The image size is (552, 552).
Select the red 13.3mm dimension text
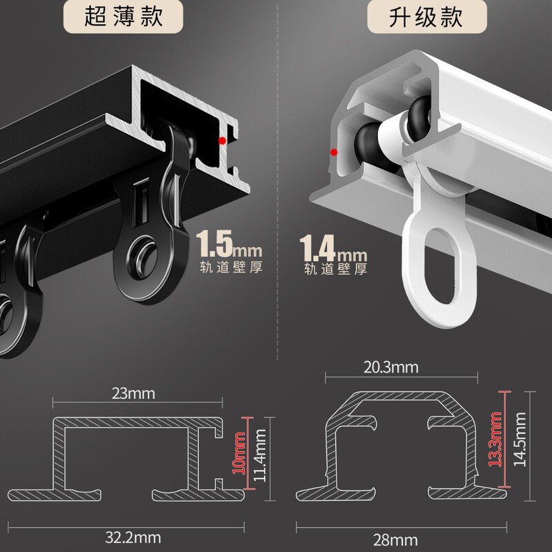click(x=495, y=440)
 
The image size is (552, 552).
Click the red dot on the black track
click(x=221, y=140)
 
